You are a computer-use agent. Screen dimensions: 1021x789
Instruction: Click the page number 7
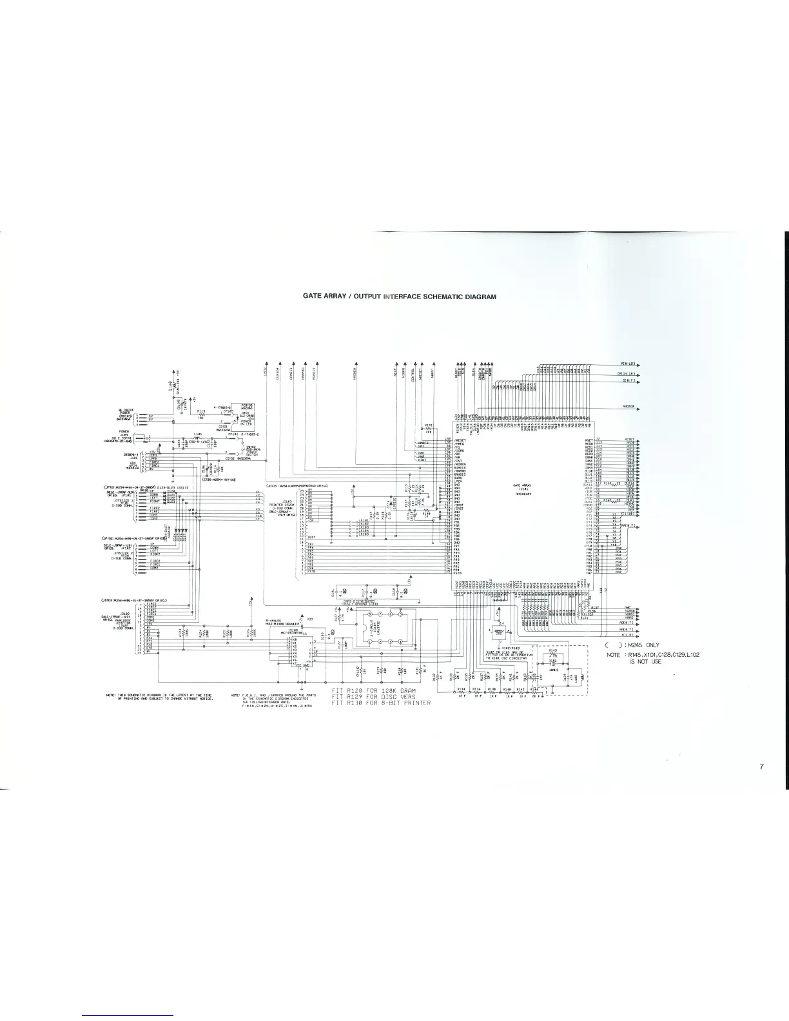[x=761, y=767]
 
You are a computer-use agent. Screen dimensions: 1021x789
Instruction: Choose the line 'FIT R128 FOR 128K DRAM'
[x=374, y=690]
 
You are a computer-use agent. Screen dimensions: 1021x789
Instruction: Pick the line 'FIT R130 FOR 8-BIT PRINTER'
[x=380, y=703]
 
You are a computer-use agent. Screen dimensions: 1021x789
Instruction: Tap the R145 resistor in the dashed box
[x=553, y=651]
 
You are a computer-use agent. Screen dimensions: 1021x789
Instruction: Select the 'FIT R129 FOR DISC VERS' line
[x=374, y=697]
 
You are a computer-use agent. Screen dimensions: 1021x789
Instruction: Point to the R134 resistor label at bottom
[x=460, y=689]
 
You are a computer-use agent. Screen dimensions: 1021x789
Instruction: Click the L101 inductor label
[x=197, y=434]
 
